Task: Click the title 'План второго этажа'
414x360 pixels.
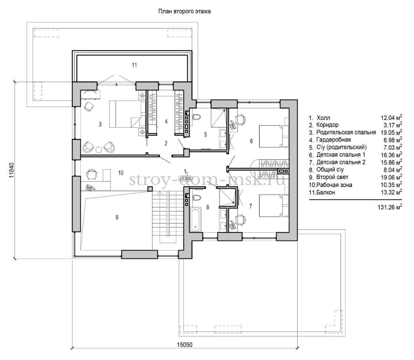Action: pyautogui.click(x=184, y=12)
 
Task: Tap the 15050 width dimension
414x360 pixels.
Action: pyautogui.click(x=185, y=345)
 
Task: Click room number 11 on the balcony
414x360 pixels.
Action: pyautogui.click(x=134, y=65)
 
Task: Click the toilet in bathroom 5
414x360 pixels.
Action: pyautogui.click(x=196, y=117)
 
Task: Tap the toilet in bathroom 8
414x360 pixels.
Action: pyautogui.click(x=196, y=198)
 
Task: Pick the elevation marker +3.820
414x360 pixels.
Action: pyautogui.click(x=185, y=178)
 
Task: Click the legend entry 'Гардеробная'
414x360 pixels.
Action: pyautogui.click(x=334, y=140)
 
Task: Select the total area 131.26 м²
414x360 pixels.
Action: pyautogui.click(x=390, y=207)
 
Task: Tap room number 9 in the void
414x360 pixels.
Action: pyautogui.click(x=117, y=217)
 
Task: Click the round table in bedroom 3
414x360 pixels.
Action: pyautogui.click(x=99, y=149)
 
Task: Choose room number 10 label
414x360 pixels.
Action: pyautogui.click(x=120, y=173)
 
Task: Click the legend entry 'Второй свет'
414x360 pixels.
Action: pyautogui.click(x=332, y=177)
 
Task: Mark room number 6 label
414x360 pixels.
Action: pyautogui.click(x=251, y=141)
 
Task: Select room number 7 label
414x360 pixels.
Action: pyautogui.click(x=250, y=206)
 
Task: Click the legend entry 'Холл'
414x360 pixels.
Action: pyautogui.click(x=323, y=118)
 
